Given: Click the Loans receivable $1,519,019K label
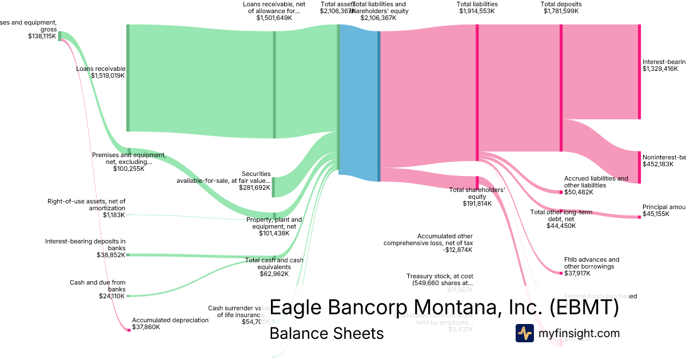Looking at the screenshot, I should (x=101, y=72).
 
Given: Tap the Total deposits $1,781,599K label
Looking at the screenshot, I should (x=560, y=7).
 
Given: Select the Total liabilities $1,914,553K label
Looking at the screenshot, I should (x=477, y=7).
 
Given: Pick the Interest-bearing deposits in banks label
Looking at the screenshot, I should (x=85, y=248).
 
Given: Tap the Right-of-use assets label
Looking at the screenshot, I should (x=86, y=208).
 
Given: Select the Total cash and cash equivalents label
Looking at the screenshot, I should (x=274, y=267).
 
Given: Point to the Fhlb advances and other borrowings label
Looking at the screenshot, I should (x=592, y=263).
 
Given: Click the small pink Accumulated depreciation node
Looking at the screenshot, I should (x=129, y=330).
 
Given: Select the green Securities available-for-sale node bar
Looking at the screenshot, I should (x=273, y=187).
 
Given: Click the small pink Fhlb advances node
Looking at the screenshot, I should (x=561, y=273).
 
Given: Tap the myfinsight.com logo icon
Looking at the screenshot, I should (x=524, y=333).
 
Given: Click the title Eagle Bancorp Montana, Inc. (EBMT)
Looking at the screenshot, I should (x=444, y=307).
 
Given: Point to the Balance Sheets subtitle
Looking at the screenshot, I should (x=326, y=333).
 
